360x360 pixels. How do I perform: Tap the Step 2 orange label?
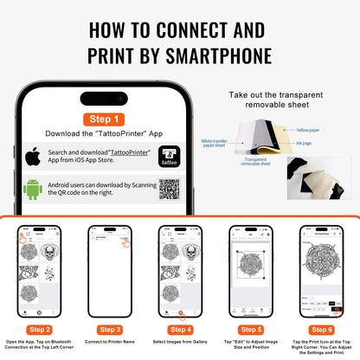coord(39,328)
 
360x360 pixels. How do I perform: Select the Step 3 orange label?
coord(110,328)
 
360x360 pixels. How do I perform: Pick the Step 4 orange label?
coord(179,328)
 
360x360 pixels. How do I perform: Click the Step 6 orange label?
coord(320,328)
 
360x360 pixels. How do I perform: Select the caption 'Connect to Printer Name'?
coord(110,342)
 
